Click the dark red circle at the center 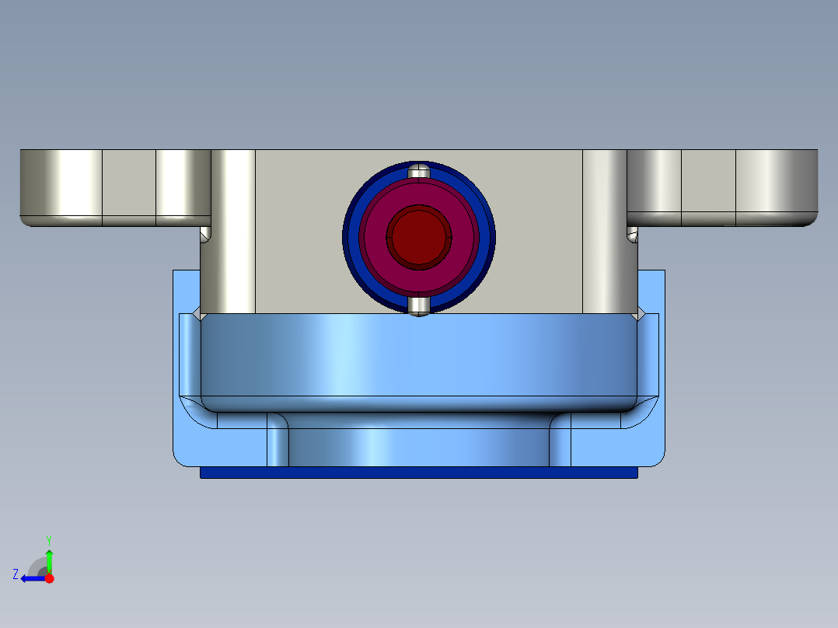(x=419, y=236)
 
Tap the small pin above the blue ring (x=419, y=171)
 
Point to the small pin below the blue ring (x=419, y=305)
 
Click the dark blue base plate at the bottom (x=419, y=473)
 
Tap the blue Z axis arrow (x=31, y=578)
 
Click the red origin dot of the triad (x=49, y=578)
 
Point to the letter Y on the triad (x=49, y=539)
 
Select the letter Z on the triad (x=16, y=574)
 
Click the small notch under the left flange (x=205, y=234)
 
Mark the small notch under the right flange (x=633, y=234)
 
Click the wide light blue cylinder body (x=419, y=361)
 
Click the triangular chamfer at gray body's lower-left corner (x=197, y=314)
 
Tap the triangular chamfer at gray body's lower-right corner (x=641, y=314)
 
